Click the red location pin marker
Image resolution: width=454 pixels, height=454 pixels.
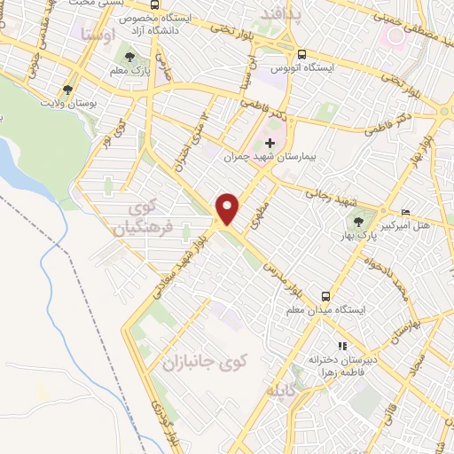click(228, 207)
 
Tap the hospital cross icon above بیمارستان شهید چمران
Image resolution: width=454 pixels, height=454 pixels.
click(270, 144)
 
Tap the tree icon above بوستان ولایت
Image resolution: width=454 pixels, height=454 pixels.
click(67, 90)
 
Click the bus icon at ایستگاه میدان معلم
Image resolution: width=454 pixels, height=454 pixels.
click(326, 296)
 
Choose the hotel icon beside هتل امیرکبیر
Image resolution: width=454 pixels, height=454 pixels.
click(406, 212)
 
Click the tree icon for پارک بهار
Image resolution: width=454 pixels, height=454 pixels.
click(358, 222)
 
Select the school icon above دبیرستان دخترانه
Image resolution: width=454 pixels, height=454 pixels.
click(340, 347)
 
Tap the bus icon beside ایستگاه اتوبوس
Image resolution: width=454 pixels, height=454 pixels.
click(302, 53)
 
